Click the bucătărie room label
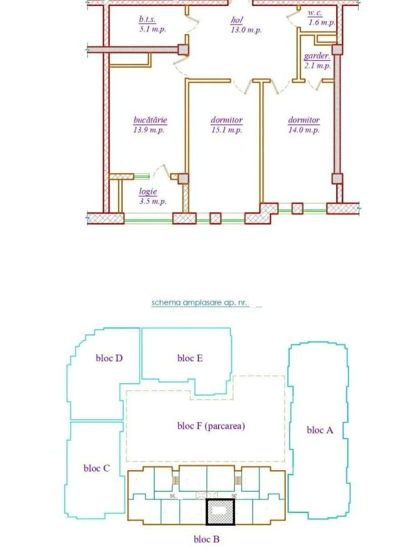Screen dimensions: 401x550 (150, 120)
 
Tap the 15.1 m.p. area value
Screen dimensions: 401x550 (227, 130)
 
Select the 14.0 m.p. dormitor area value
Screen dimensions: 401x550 (304, 130)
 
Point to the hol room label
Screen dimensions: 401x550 (237, 21)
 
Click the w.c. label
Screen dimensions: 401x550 (315, 13)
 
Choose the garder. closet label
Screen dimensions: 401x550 (317, 56)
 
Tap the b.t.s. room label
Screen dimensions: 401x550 (147, 20)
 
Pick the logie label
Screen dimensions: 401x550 (148, 191)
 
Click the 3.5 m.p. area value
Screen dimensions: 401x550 (153, 201)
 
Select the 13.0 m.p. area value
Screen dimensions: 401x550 (246, 30)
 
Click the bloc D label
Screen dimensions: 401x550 (109, 358)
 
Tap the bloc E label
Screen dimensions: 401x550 (190, 358)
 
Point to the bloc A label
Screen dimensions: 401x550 (320, 430)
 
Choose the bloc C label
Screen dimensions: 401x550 (97, 468)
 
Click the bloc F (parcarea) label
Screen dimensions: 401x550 (211, 426)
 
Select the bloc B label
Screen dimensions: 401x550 (207, 538)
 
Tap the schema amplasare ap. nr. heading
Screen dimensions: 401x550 (199, 303)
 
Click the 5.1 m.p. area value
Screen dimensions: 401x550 (152, 30)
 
